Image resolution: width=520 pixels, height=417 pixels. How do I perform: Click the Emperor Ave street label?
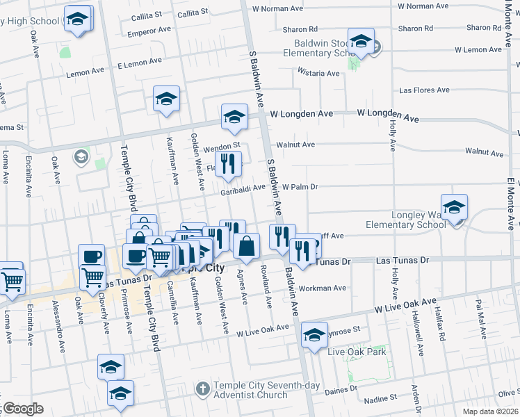tap(148, 30)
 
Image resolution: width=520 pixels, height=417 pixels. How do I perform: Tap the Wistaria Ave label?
tap(318, 73)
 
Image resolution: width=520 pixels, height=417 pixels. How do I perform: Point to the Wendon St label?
tap(222, 147)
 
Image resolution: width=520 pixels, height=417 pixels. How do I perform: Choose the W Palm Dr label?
tap(300, 187)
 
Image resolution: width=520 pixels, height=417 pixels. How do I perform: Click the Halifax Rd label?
tap(442, 326)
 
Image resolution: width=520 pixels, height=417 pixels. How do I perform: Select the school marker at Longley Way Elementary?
tap(454, 208)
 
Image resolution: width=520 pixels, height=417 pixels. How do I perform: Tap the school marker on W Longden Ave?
tap(235, 117)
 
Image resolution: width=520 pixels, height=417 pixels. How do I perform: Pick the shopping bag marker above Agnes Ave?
tap(247, 246)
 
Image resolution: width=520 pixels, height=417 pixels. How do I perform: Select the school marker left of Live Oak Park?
tap(315, 336)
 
